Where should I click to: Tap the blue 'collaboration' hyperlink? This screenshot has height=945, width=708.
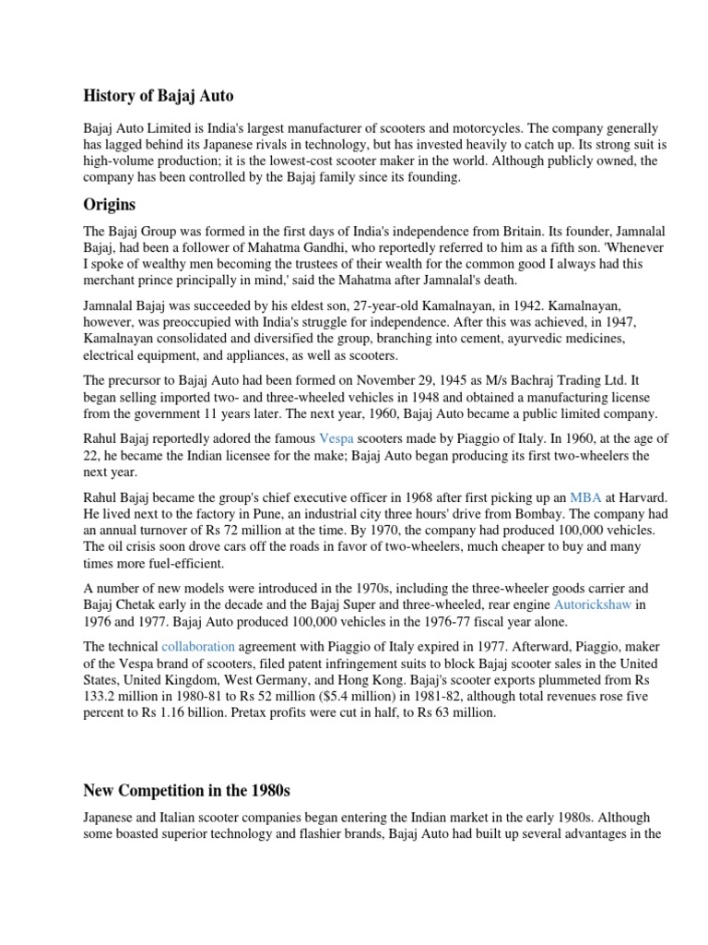198,647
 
